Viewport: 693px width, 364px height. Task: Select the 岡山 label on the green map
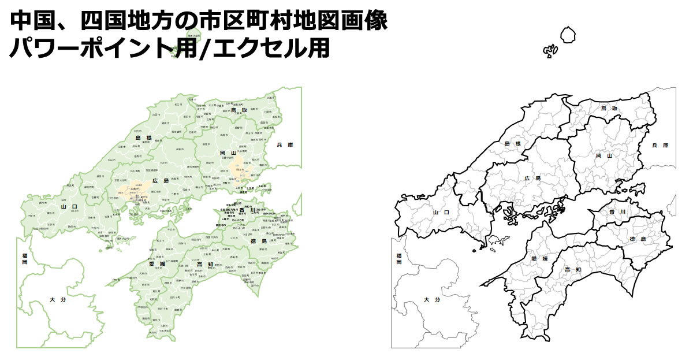(228, 153)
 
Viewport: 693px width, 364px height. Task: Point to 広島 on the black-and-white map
(532, 179)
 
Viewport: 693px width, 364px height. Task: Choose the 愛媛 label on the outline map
(538, 259)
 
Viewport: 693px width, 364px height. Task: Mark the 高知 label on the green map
(205, 265)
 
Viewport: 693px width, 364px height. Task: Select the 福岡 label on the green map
(25, 259)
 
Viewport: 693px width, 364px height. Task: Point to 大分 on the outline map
(432, 300)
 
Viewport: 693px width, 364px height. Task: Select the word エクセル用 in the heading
(271, 47)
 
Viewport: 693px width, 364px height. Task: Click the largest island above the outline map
(568, 35)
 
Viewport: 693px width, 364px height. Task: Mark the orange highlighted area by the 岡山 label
(238, 169)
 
